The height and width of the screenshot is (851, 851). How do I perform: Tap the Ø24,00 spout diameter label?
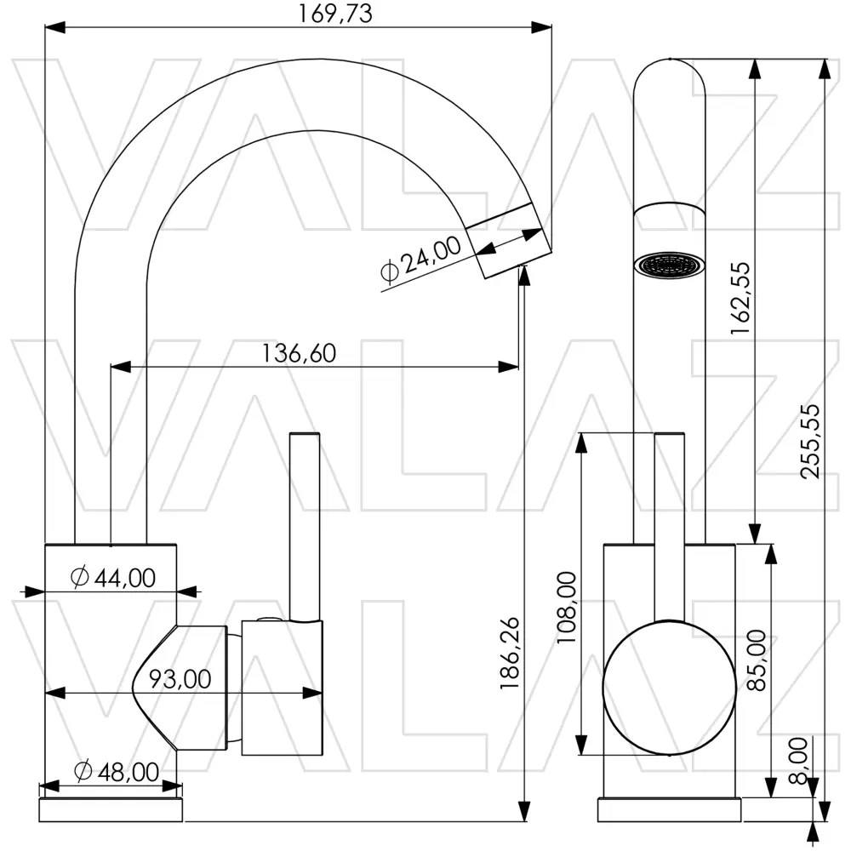click(x=420, y=260)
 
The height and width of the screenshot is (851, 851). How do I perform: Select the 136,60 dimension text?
click(x=298, y=352)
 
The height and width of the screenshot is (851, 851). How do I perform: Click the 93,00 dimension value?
click(x=180, y=679)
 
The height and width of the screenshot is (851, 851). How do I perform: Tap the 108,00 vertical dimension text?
click(x=567, y=608)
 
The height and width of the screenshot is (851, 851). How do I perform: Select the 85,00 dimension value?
click(x=755, y=660)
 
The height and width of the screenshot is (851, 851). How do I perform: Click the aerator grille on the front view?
click(x=671, y=265)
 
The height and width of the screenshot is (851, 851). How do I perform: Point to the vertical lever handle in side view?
click(x=304, y=528)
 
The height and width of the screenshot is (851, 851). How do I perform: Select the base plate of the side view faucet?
click(x=111, y=809)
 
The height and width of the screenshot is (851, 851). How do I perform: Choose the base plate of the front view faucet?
click(x=669, y=809)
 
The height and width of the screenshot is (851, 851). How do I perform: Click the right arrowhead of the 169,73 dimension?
click(x=543, y=27)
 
